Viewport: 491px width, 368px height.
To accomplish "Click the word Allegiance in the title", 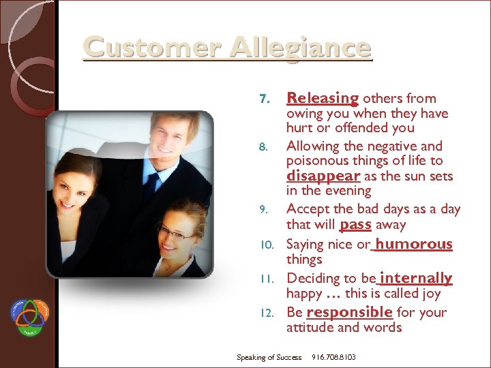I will point(301,48).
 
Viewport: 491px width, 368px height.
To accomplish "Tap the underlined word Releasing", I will point(322,98).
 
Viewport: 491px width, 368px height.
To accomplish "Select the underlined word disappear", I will point(322,176).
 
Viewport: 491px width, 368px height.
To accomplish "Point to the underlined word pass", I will point(355,224).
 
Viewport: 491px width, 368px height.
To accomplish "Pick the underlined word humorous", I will point(414,243).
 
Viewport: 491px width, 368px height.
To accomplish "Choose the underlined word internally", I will point(416,277).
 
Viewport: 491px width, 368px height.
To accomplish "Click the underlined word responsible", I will point(349,312).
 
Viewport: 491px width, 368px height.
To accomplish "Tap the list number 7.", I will point(265,99).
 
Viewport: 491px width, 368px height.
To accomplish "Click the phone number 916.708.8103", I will point(333,357).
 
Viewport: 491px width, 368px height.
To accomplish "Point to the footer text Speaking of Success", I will point(269,357).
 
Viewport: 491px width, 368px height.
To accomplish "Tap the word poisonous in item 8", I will point(318,161).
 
